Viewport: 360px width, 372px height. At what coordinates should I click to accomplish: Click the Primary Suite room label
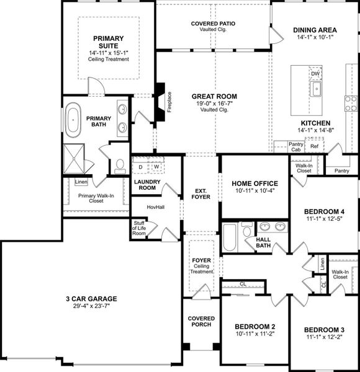click(109, 41)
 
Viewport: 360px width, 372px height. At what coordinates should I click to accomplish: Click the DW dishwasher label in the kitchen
click(315, 74)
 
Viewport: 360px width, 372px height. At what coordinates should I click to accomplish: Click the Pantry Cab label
click(296, 147)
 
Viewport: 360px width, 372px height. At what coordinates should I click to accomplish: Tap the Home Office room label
click(254, 184)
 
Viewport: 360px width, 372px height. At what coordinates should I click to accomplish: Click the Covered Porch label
click(201, 322)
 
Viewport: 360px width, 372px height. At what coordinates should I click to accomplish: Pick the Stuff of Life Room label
click(138, 228)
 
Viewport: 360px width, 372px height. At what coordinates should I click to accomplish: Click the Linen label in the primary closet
click(81, 182)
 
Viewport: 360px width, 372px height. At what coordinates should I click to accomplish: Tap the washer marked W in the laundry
click(157, 167)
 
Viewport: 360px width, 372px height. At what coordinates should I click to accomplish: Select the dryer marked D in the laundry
click(141, 167)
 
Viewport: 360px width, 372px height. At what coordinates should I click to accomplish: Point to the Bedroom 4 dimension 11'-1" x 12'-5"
click(325, 219)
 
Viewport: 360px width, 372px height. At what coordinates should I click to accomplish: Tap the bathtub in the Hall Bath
click(230, 237)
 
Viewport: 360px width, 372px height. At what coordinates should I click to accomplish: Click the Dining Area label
click(315, 29)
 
